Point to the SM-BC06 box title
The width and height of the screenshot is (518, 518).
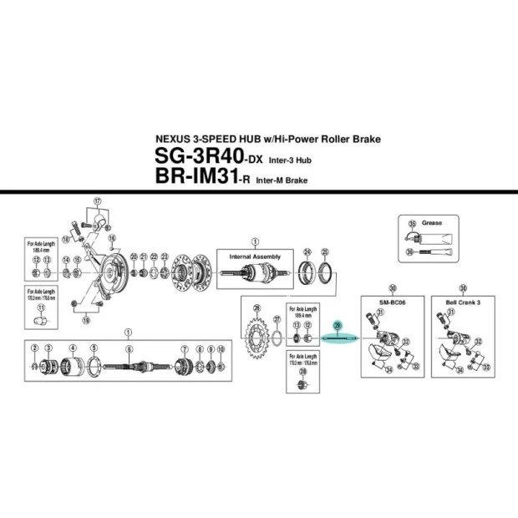(x=381, y=302)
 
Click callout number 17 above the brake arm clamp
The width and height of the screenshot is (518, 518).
(x=97, y=201)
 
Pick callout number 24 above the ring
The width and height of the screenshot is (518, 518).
(x=307, y=251)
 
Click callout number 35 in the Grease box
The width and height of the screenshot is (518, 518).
(x=412, y=224)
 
